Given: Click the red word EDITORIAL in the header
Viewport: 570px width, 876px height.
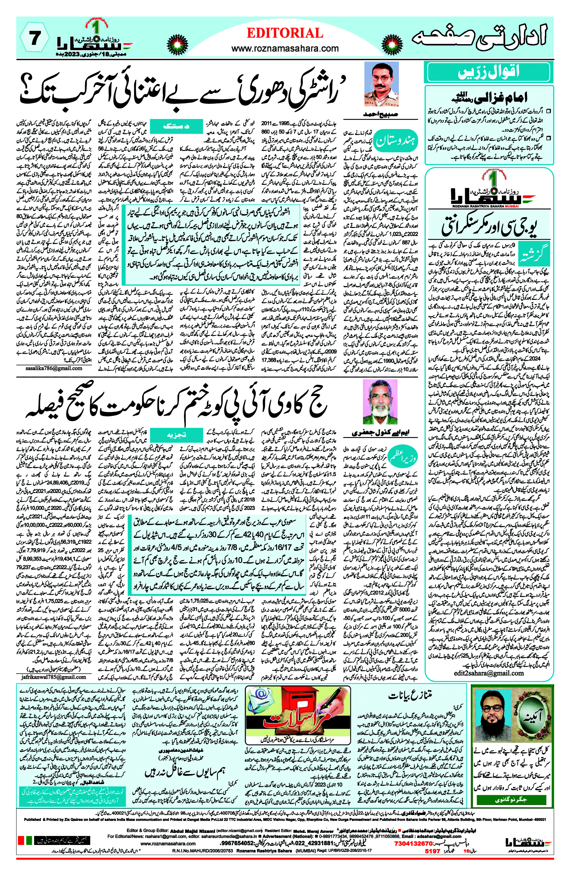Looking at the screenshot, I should point(285,33).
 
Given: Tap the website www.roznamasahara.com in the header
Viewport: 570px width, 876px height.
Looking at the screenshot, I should point(285,48).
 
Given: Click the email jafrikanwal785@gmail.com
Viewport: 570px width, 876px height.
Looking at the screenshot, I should point(54,677).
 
